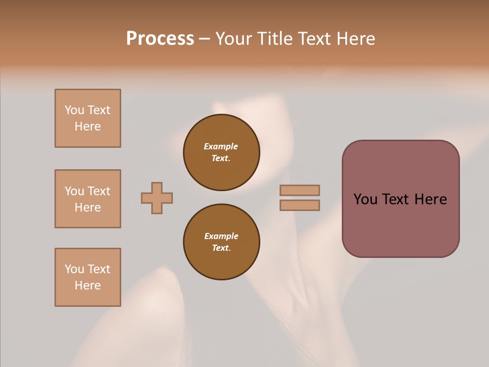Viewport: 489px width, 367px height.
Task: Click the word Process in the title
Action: tap(160, 39)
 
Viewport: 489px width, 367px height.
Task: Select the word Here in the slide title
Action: tap(356, 39)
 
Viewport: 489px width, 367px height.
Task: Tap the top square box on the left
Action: tap(88, 118)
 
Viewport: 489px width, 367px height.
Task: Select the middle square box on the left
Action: tap(88, 199)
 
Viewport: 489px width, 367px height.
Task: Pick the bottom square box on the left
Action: tap(88, 277)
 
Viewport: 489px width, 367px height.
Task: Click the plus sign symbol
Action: tap(157, 198)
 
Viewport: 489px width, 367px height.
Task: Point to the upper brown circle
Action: tap(222, 152)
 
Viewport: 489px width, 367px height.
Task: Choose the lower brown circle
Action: tap(222, 242)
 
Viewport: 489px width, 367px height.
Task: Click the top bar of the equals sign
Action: tap(300, 190)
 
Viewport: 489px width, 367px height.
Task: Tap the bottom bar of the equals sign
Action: tap(300, 205)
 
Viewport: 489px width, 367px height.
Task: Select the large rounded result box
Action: tap(400, 199)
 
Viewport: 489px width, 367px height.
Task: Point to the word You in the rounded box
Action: tap(365, 199)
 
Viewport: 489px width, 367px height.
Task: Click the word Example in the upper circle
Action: tap(221, 146)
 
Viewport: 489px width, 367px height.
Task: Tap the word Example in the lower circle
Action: tap(221, 236)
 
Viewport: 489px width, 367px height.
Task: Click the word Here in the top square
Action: tap(88, 126)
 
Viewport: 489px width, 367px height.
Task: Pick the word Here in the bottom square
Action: tap(88, 285)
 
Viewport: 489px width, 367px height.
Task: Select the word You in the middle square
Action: tap(74, 191)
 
